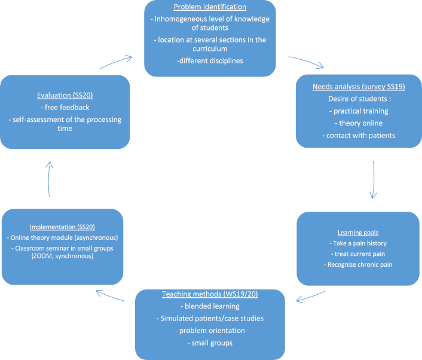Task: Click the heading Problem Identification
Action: (210, 7)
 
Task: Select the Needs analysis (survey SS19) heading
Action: (359, 87)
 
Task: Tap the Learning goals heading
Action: (359, 232)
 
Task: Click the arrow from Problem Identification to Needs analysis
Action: (307, 63)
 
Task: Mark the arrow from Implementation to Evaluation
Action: (50, 178)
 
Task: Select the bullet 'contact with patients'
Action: (359, 136)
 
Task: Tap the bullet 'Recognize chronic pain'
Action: (359, 264)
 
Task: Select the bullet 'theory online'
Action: (359, 123)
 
